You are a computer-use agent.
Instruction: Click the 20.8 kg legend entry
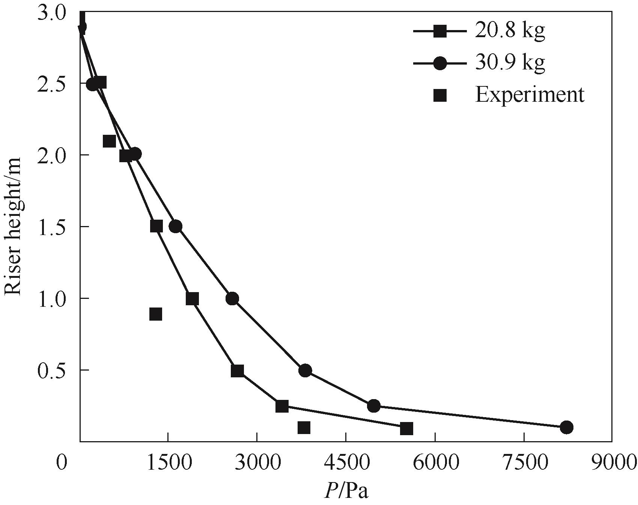point(509,31)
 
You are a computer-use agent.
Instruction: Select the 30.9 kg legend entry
point(509,63)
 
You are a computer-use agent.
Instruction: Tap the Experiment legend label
point(530,95)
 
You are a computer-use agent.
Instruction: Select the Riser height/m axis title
point(14,226)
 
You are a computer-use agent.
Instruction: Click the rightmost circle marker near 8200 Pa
point(566,427)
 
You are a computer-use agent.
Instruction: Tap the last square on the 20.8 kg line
point(406,428)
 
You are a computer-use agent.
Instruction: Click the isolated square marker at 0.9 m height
point(155,314)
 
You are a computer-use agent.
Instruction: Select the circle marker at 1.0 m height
point(232,299)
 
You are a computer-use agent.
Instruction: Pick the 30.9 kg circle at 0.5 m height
point(305,371)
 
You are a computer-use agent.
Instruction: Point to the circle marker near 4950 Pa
point(373,406)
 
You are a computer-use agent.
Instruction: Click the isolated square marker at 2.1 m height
point(109,141)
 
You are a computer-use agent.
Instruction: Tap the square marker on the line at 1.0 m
point(192,299)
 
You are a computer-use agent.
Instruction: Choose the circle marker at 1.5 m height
point(175,226)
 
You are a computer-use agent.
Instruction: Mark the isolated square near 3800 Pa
point(304,427)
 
